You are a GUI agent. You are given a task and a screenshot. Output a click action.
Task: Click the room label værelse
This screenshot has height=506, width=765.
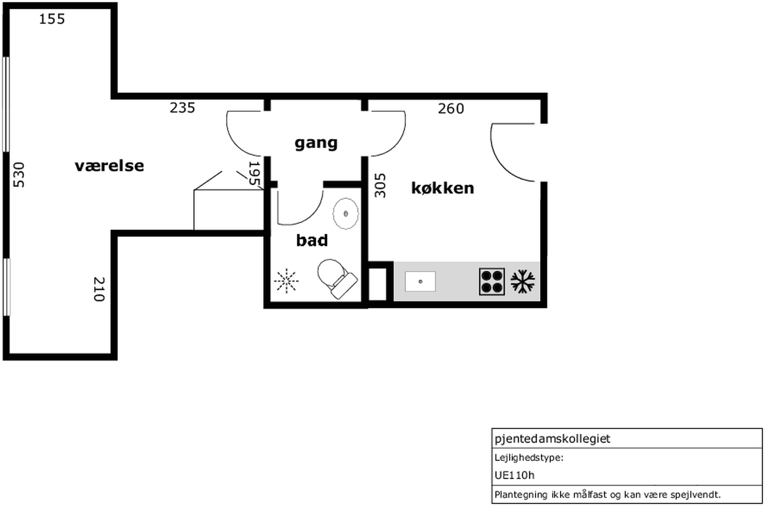tap(109, 166)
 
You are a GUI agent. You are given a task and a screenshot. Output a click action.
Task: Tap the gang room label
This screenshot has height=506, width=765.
tap(316, 143)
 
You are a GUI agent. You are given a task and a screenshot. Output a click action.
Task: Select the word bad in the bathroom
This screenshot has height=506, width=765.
tap(312, 240)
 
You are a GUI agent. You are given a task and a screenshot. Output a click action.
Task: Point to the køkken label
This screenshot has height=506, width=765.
tap(443, 188)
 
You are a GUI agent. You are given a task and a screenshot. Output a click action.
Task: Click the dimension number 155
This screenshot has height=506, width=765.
tap(52, 19)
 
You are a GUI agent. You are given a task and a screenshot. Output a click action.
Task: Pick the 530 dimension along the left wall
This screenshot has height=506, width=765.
tap(19, 174)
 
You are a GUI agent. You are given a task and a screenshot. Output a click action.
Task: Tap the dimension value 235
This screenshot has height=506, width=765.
tap(183, 108)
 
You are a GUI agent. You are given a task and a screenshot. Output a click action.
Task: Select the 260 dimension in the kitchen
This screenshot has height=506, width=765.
tap(451, 108)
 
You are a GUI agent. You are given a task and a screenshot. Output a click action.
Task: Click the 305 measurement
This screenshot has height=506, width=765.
tap(380, 186)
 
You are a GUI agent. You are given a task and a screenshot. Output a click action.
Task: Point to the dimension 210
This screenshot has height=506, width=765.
tap(99, 289)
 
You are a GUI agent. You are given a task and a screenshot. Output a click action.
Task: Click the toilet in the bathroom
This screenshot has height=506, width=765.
tap(337, 279)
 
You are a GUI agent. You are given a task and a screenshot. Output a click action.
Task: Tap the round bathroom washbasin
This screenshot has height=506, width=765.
tap(346, 214)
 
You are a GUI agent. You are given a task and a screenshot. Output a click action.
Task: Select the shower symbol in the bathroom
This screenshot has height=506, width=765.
tap(287, 281)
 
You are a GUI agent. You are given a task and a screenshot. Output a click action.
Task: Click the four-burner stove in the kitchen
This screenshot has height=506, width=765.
tap(492, 281)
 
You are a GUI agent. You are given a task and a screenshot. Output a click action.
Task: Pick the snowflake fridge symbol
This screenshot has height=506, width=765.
tap(523, 282)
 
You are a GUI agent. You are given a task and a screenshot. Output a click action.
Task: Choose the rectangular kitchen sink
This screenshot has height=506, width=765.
tap(420, 281)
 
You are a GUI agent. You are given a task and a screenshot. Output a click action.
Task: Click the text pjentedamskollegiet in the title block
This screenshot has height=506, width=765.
tap(553, 439)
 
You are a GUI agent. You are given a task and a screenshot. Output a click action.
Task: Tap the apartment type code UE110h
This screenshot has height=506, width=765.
tap(515, 475)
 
